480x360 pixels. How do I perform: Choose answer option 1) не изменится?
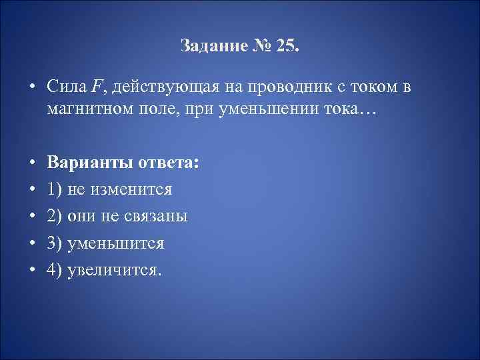pos(109,190)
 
